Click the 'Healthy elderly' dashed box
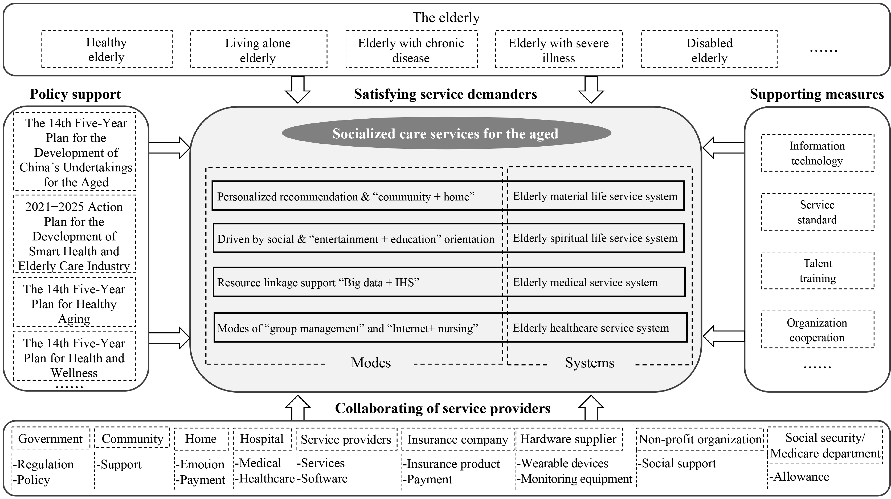(x=107, y=49)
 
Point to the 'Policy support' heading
(x=75, y=94)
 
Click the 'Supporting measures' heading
(x=817, y=94)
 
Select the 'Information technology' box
(x=817, y=153)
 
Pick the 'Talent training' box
(x=817, y=271)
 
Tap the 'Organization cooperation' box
(x=817, y=330)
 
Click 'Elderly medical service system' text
(x=585, y=282)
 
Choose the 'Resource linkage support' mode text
(x=318, y=283)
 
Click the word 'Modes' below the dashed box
(x=371, y=363)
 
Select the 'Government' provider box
(x=51, y=439)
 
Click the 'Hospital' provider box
(x=262, y=439)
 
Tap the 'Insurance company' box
(x=457, y=440)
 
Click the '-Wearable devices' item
(x=563, y=463)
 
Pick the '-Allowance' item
(x=800, y=477)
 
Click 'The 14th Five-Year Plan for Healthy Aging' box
(x=74, y=303)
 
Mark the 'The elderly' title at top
(x=446, y=17)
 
